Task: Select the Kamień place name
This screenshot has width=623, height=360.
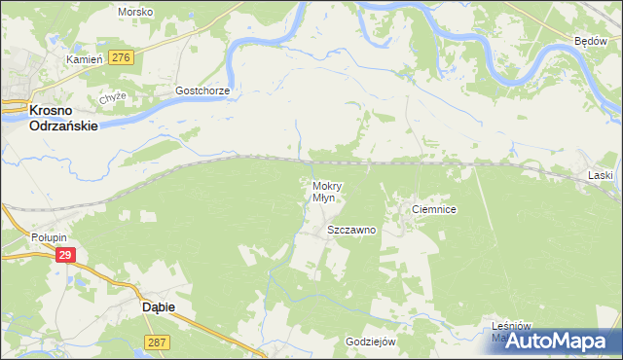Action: tap(84, 59)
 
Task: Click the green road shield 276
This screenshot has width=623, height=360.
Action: tap(121, 58)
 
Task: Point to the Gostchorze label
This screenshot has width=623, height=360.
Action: tap(202, 90)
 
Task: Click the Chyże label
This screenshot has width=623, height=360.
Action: tap(112, 99)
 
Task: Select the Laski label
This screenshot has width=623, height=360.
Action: tap(600, 175)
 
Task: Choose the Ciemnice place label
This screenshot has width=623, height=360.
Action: tap(434, 209)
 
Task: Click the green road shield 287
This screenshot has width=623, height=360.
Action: tap(158, 342)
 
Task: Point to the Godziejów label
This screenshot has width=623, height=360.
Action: tap(371, 342)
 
